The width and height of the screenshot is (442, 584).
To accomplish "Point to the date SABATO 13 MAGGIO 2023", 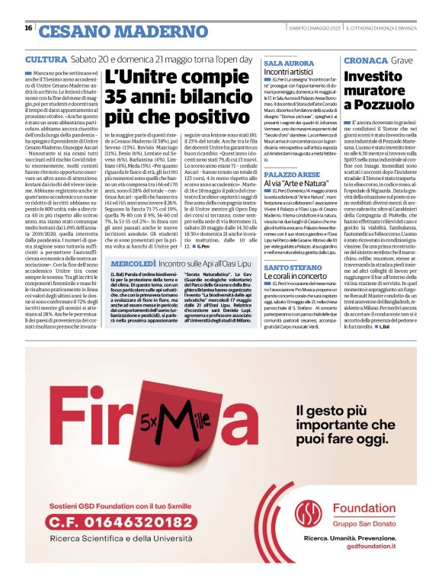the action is tap(303, 28).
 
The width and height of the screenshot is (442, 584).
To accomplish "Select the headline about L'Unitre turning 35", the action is tap(175, 98).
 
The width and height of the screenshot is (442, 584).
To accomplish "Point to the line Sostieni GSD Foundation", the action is tap(111, 506).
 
